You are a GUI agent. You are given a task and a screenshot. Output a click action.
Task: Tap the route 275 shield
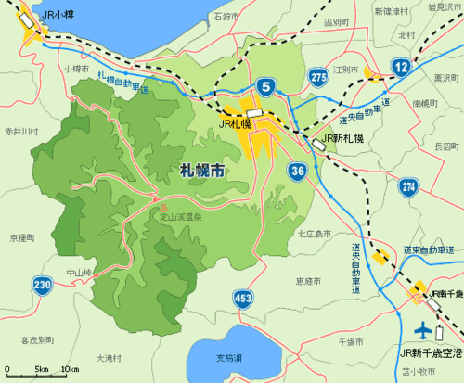coord(318,78)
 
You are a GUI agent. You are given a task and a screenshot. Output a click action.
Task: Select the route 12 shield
coord(401,66)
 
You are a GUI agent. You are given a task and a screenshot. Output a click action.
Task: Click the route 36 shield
coord(298,172)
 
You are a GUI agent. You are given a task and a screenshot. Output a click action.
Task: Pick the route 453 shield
coord(242,298)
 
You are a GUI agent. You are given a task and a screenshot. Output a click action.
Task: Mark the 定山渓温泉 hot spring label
coord(182,217)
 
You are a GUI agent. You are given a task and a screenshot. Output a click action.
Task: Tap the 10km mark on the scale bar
coord(69,371)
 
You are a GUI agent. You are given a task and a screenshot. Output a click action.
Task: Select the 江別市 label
coord(345,70)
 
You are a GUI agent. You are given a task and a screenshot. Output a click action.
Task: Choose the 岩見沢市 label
coord(442,7)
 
